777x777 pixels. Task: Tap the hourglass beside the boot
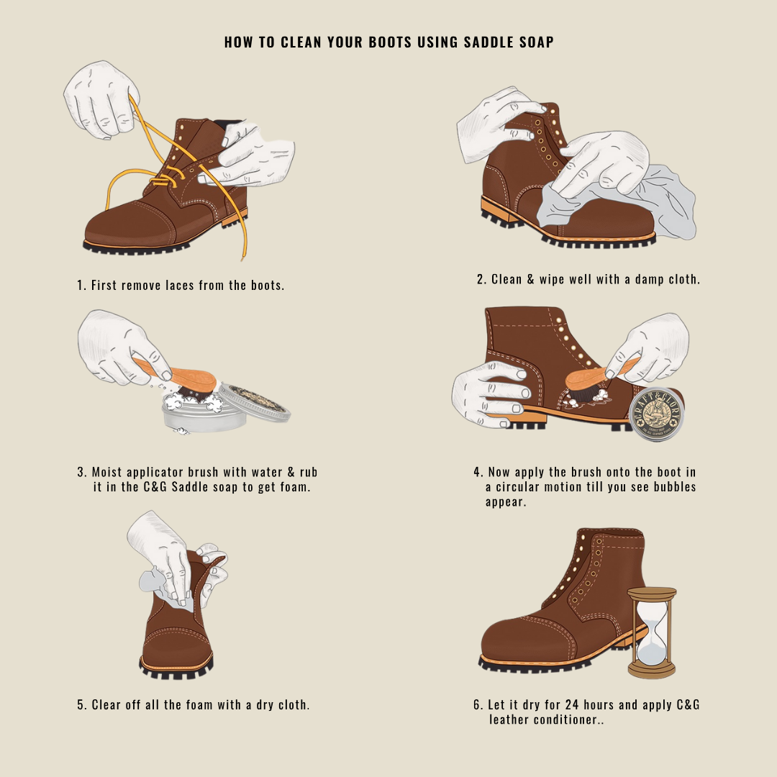pos(652,632)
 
